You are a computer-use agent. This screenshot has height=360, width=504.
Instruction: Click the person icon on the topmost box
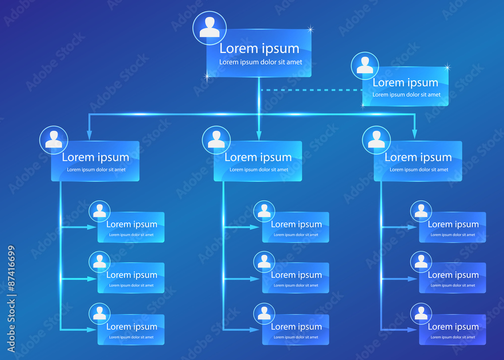pos(210,28)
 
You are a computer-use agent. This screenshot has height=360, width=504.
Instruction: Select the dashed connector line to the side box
pos(310,90)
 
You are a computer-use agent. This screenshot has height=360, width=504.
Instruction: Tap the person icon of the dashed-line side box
pos(364,66)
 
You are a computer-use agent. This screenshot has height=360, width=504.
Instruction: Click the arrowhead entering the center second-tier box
pos(259,135)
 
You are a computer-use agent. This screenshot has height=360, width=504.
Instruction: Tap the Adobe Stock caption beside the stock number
pos(12,326)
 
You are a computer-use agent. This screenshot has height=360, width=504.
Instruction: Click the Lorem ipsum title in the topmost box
pos(259,48)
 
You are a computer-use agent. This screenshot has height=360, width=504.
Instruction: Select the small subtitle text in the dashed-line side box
pos(406,95)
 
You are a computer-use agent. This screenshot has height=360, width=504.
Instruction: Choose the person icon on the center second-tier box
pos(216,140)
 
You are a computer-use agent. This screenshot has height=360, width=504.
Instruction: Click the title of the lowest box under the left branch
pos(132,327)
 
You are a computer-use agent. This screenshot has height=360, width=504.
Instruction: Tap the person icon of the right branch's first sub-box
pos(421,211)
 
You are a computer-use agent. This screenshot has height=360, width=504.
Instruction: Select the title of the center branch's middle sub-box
pos(296,275)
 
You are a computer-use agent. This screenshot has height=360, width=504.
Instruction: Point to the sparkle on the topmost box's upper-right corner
pos(310,29)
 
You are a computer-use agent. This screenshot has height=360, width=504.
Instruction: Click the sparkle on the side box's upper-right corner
pos(447,67)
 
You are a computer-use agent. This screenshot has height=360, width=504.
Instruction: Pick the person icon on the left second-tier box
pos(53,140)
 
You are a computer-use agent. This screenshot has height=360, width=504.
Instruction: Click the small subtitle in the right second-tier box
pos(419,170)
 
